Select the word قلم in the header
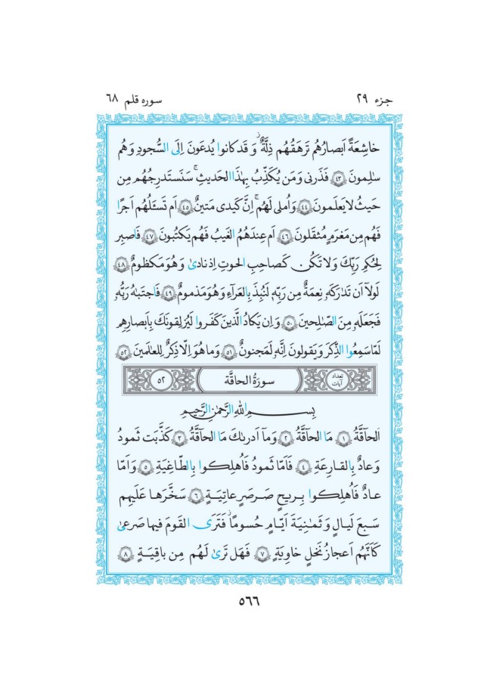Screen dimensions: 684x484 click(142, 98)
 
